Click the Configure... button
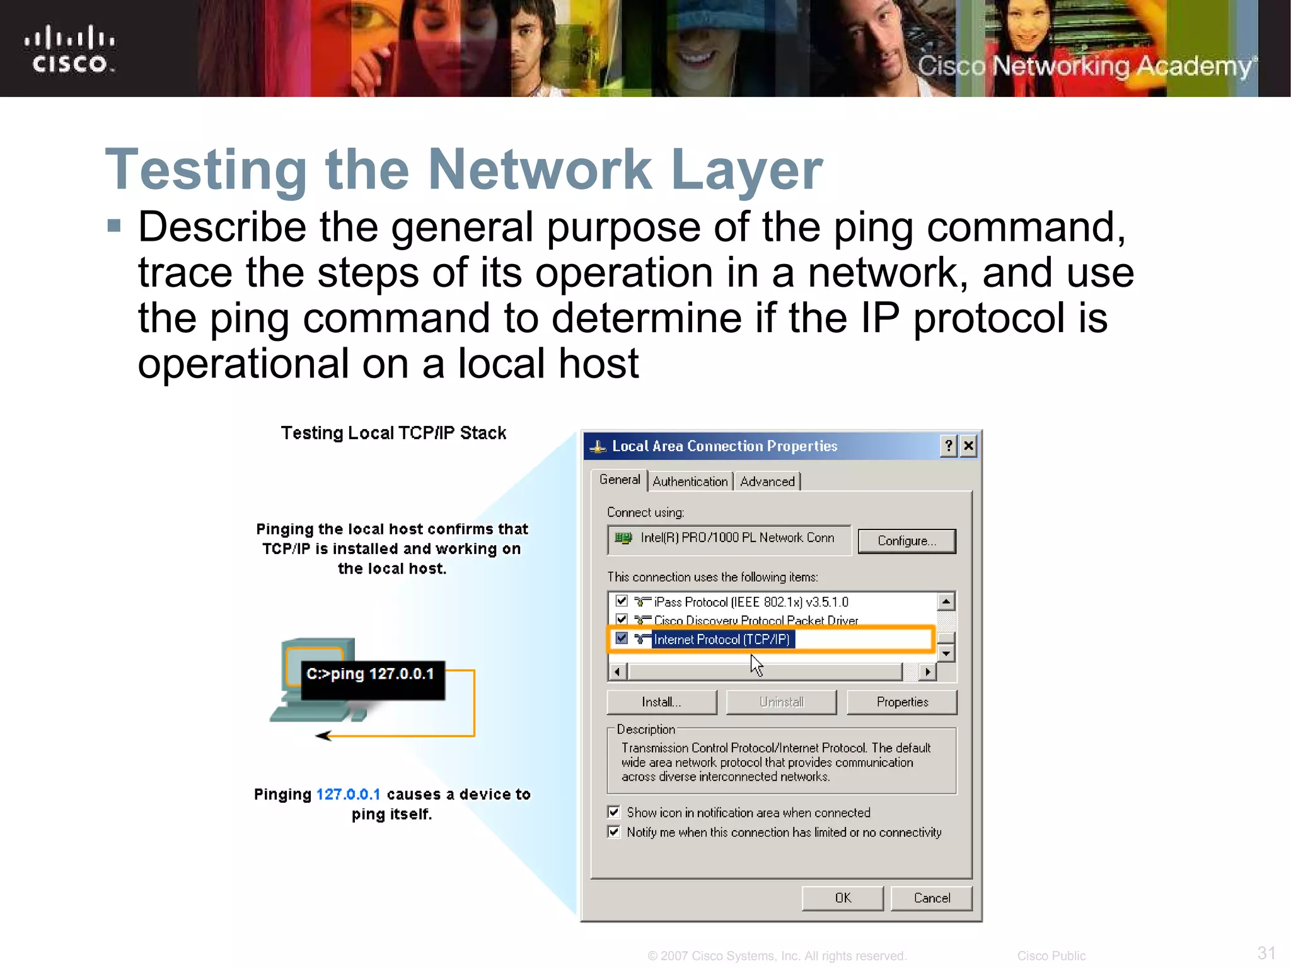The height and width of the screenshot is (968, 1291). click(x=906, y=541)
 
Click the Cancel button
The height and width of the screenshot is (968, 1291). click(x=931, y=898)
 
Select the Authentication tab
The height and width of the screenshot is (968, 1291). click(x=690, y=481)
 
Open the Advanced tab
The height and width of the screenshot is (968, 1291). click(x=767, y=481)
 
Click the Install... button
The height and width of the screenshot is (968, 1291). click(x=661, y=702)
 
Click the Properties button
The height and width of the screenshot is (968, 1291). click(x=902, y=702)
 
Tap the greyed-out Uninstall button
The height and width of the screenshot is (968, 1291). click(x=782, y=702)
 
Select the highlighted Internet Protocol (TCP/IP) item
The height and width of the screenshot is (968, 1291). click(x=721, y=640)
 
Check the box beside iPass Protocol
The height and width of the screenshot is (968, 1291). click(x=622, y=601)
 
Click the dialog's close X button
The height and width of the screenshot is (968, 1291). click(x=969, y=446)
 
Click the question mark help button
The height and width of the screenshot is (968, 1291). click(x=949, y=446)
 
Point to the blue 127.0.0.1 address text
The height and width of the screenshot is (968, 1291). click(x=348, y=794)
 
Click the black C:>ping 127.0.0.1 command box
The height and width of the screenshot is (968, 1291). click(x=372, y=679)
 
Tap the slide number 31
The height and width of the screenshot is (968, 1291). click(x=1266, y=952)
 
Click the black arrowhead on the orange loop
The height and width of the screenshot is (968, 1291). click(x=324, y=735)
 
